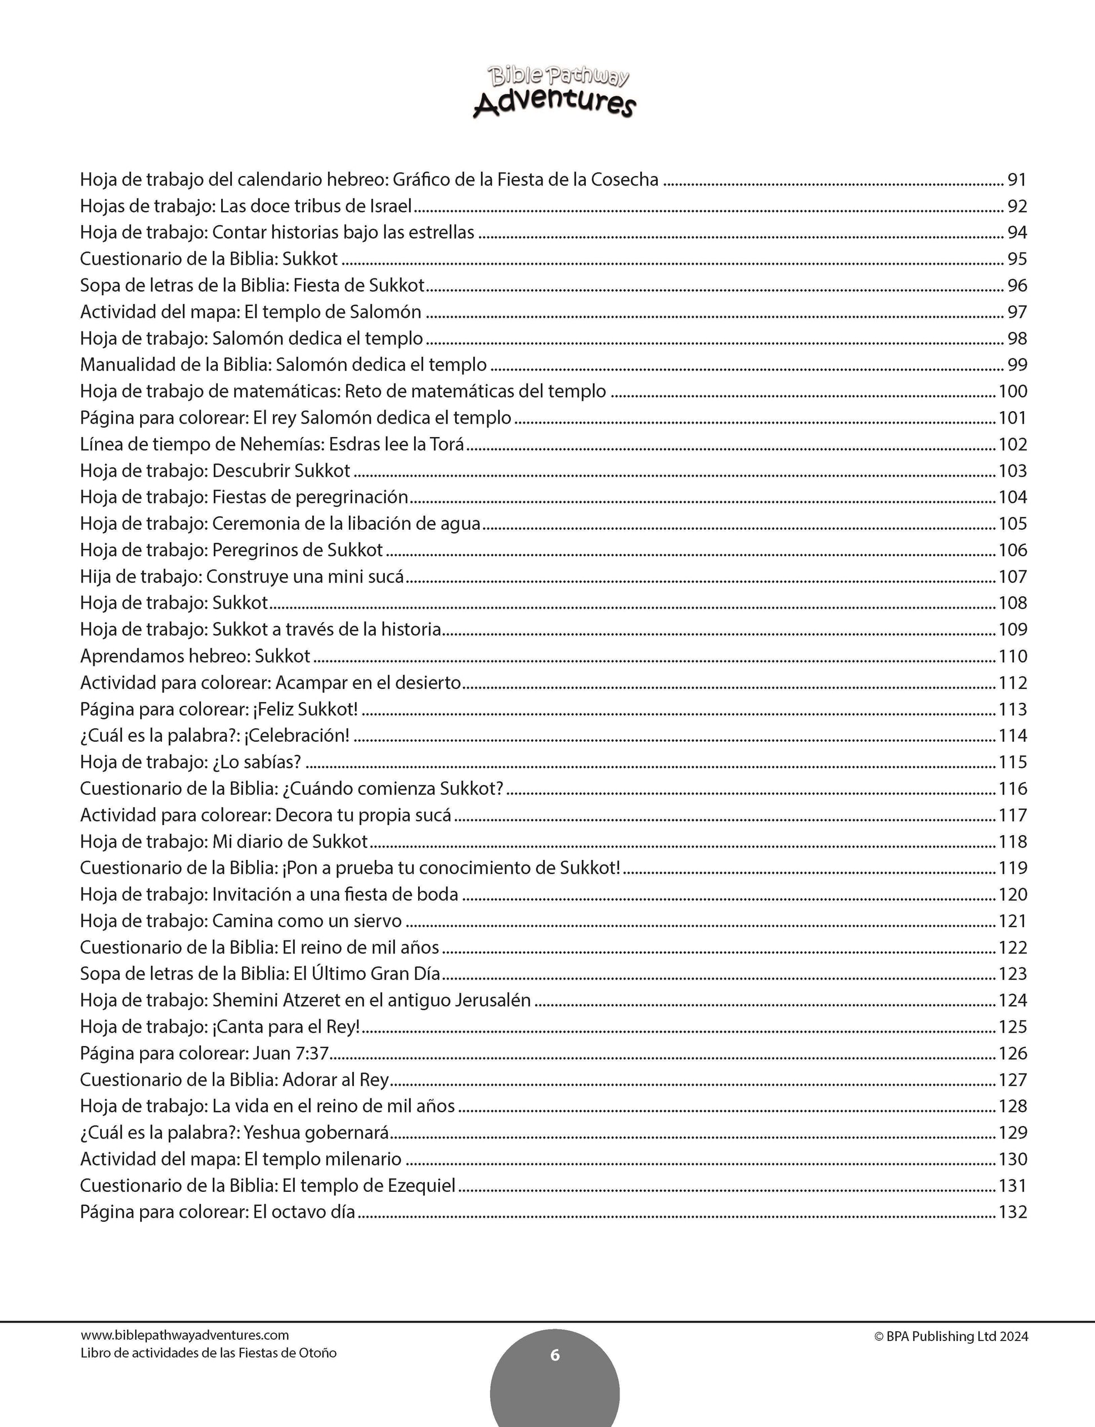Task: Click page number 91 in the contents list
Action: pyautogui.click(x=1017, y=179)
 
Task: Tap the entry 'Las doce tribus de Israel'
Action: pyautogui.click(x=316, y=206)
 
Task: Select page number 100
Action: pyautogui.click(x=1013, y=391)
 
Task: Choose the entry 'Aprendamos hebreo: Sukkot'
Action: pyautogui.click(x=195, y=656)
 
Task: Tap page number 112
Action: pyautogui.click(x=1013, y=683)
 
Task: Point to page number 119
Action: pyautogui.click(x=1013, y=868)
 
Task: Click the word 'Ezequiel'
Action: pyautogui.click(x=421, y=1186)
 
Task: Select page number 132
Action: pyautogui.click(x=1013, y=1212)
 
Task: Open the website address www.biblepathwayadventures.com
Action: pyautogui.click(x=185, y=1335)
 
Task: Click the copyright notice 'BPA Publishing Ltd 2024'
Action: pyautogui.click(x=951, y=1336)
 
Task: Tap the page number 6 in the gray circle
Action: pyautogui.click(x=555, y=1356)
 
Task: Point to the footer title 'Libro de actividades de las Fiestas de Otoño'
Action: pyautogui.click(x=209, y=1353)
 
